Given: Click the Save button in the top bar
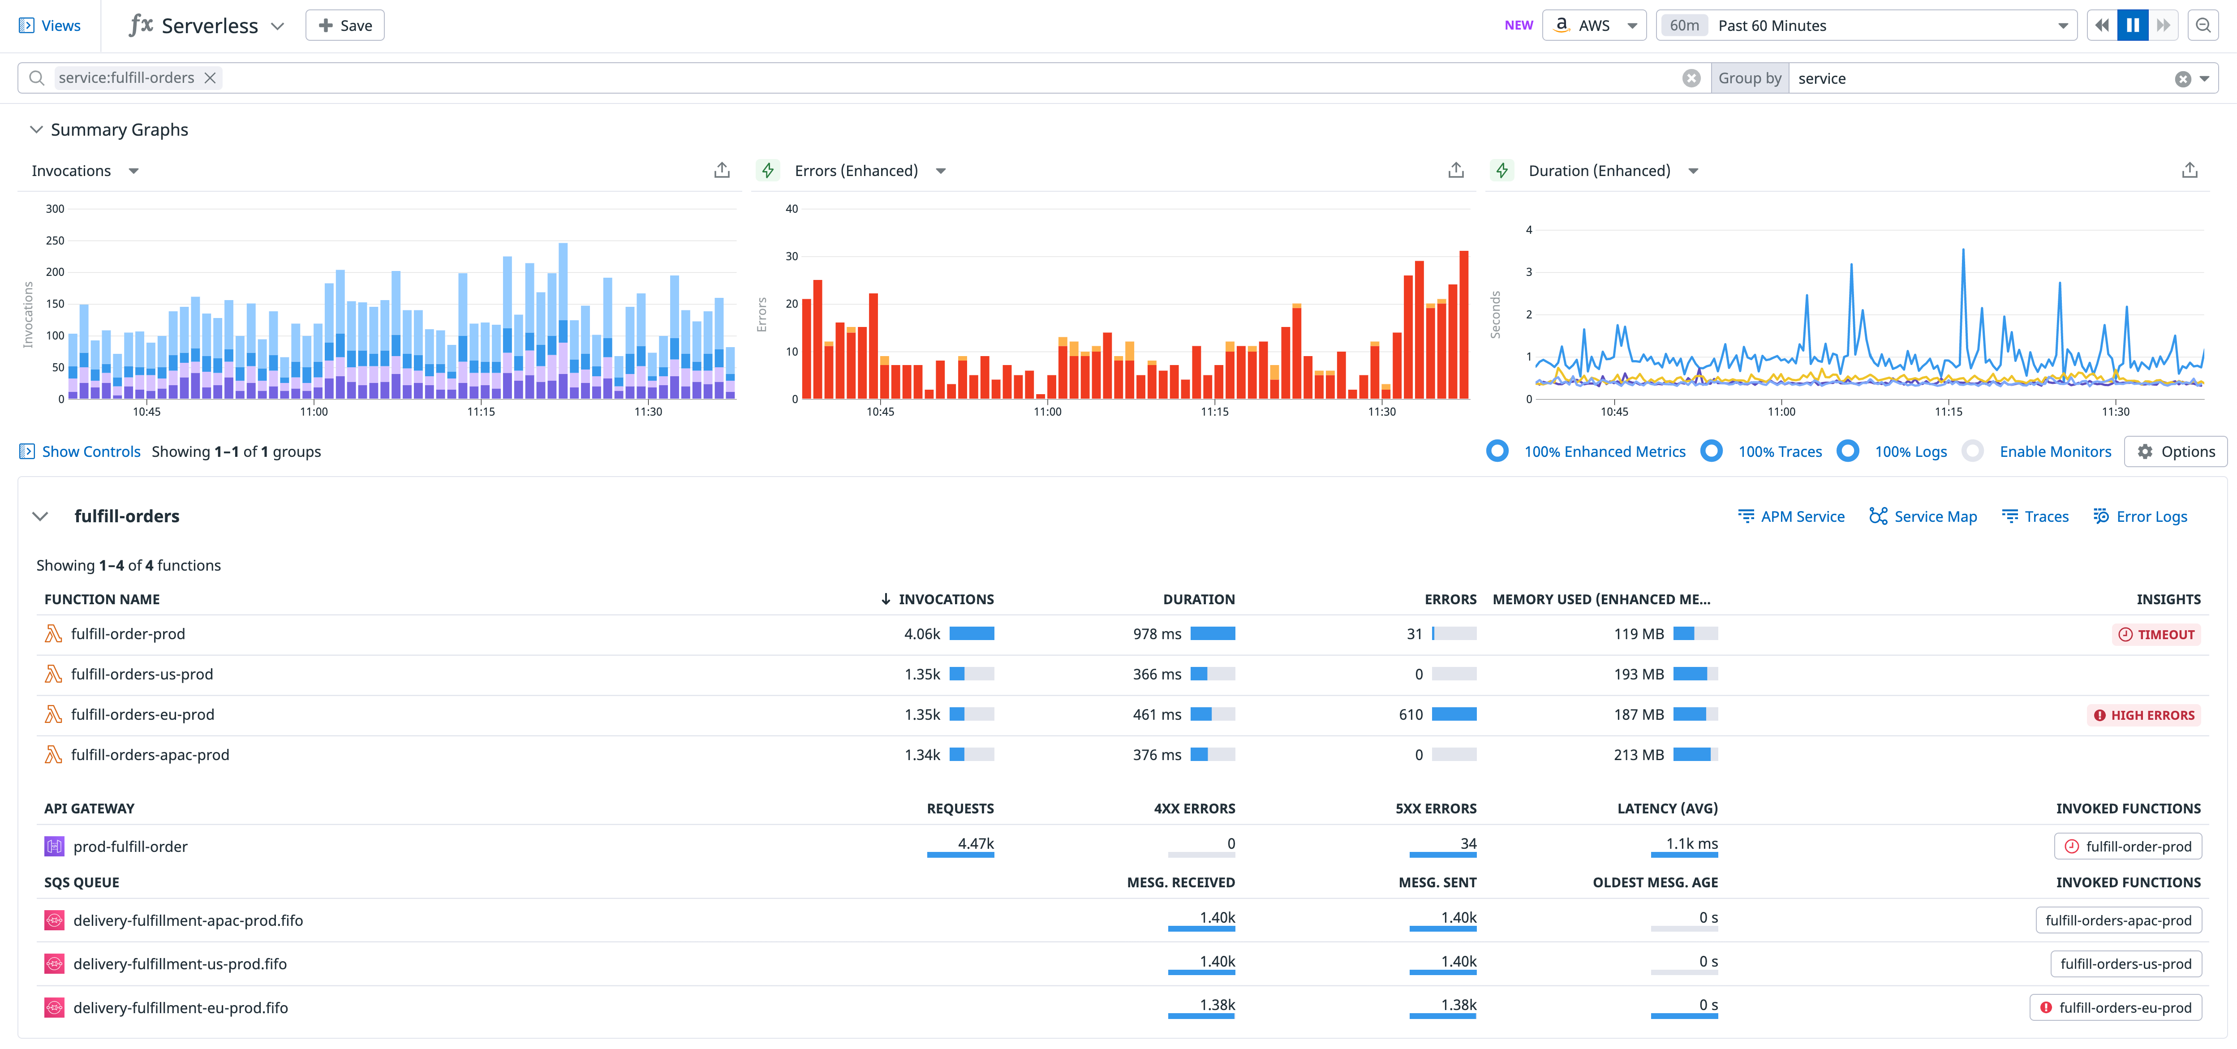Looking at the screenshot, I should (345, 25).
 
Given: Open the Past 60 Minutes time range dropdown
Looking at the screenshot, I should (1867, 25).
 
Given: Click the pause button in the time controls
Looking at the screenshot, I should (2132, 25).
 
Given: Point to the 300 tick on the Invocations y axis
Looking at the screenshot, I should (55, 208).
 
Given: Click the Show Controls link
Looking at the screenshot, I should (90, 451).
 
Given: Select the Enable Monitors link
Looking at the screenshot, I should (2055, 451).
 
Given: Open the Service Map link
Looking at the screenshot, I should (1935, 517).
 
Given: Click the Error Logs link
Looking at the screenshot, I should (2151, 517).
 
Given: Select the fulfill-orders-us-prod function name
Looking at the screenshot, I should (142, 674).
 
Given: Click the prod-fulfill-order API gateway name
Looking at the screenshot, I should (130, 847).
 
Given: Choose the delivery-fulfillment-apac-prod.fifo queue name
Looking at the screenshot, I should (188, 920).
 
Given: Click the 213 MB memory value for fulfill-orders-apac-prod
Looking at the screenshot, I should (1639, 755).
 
